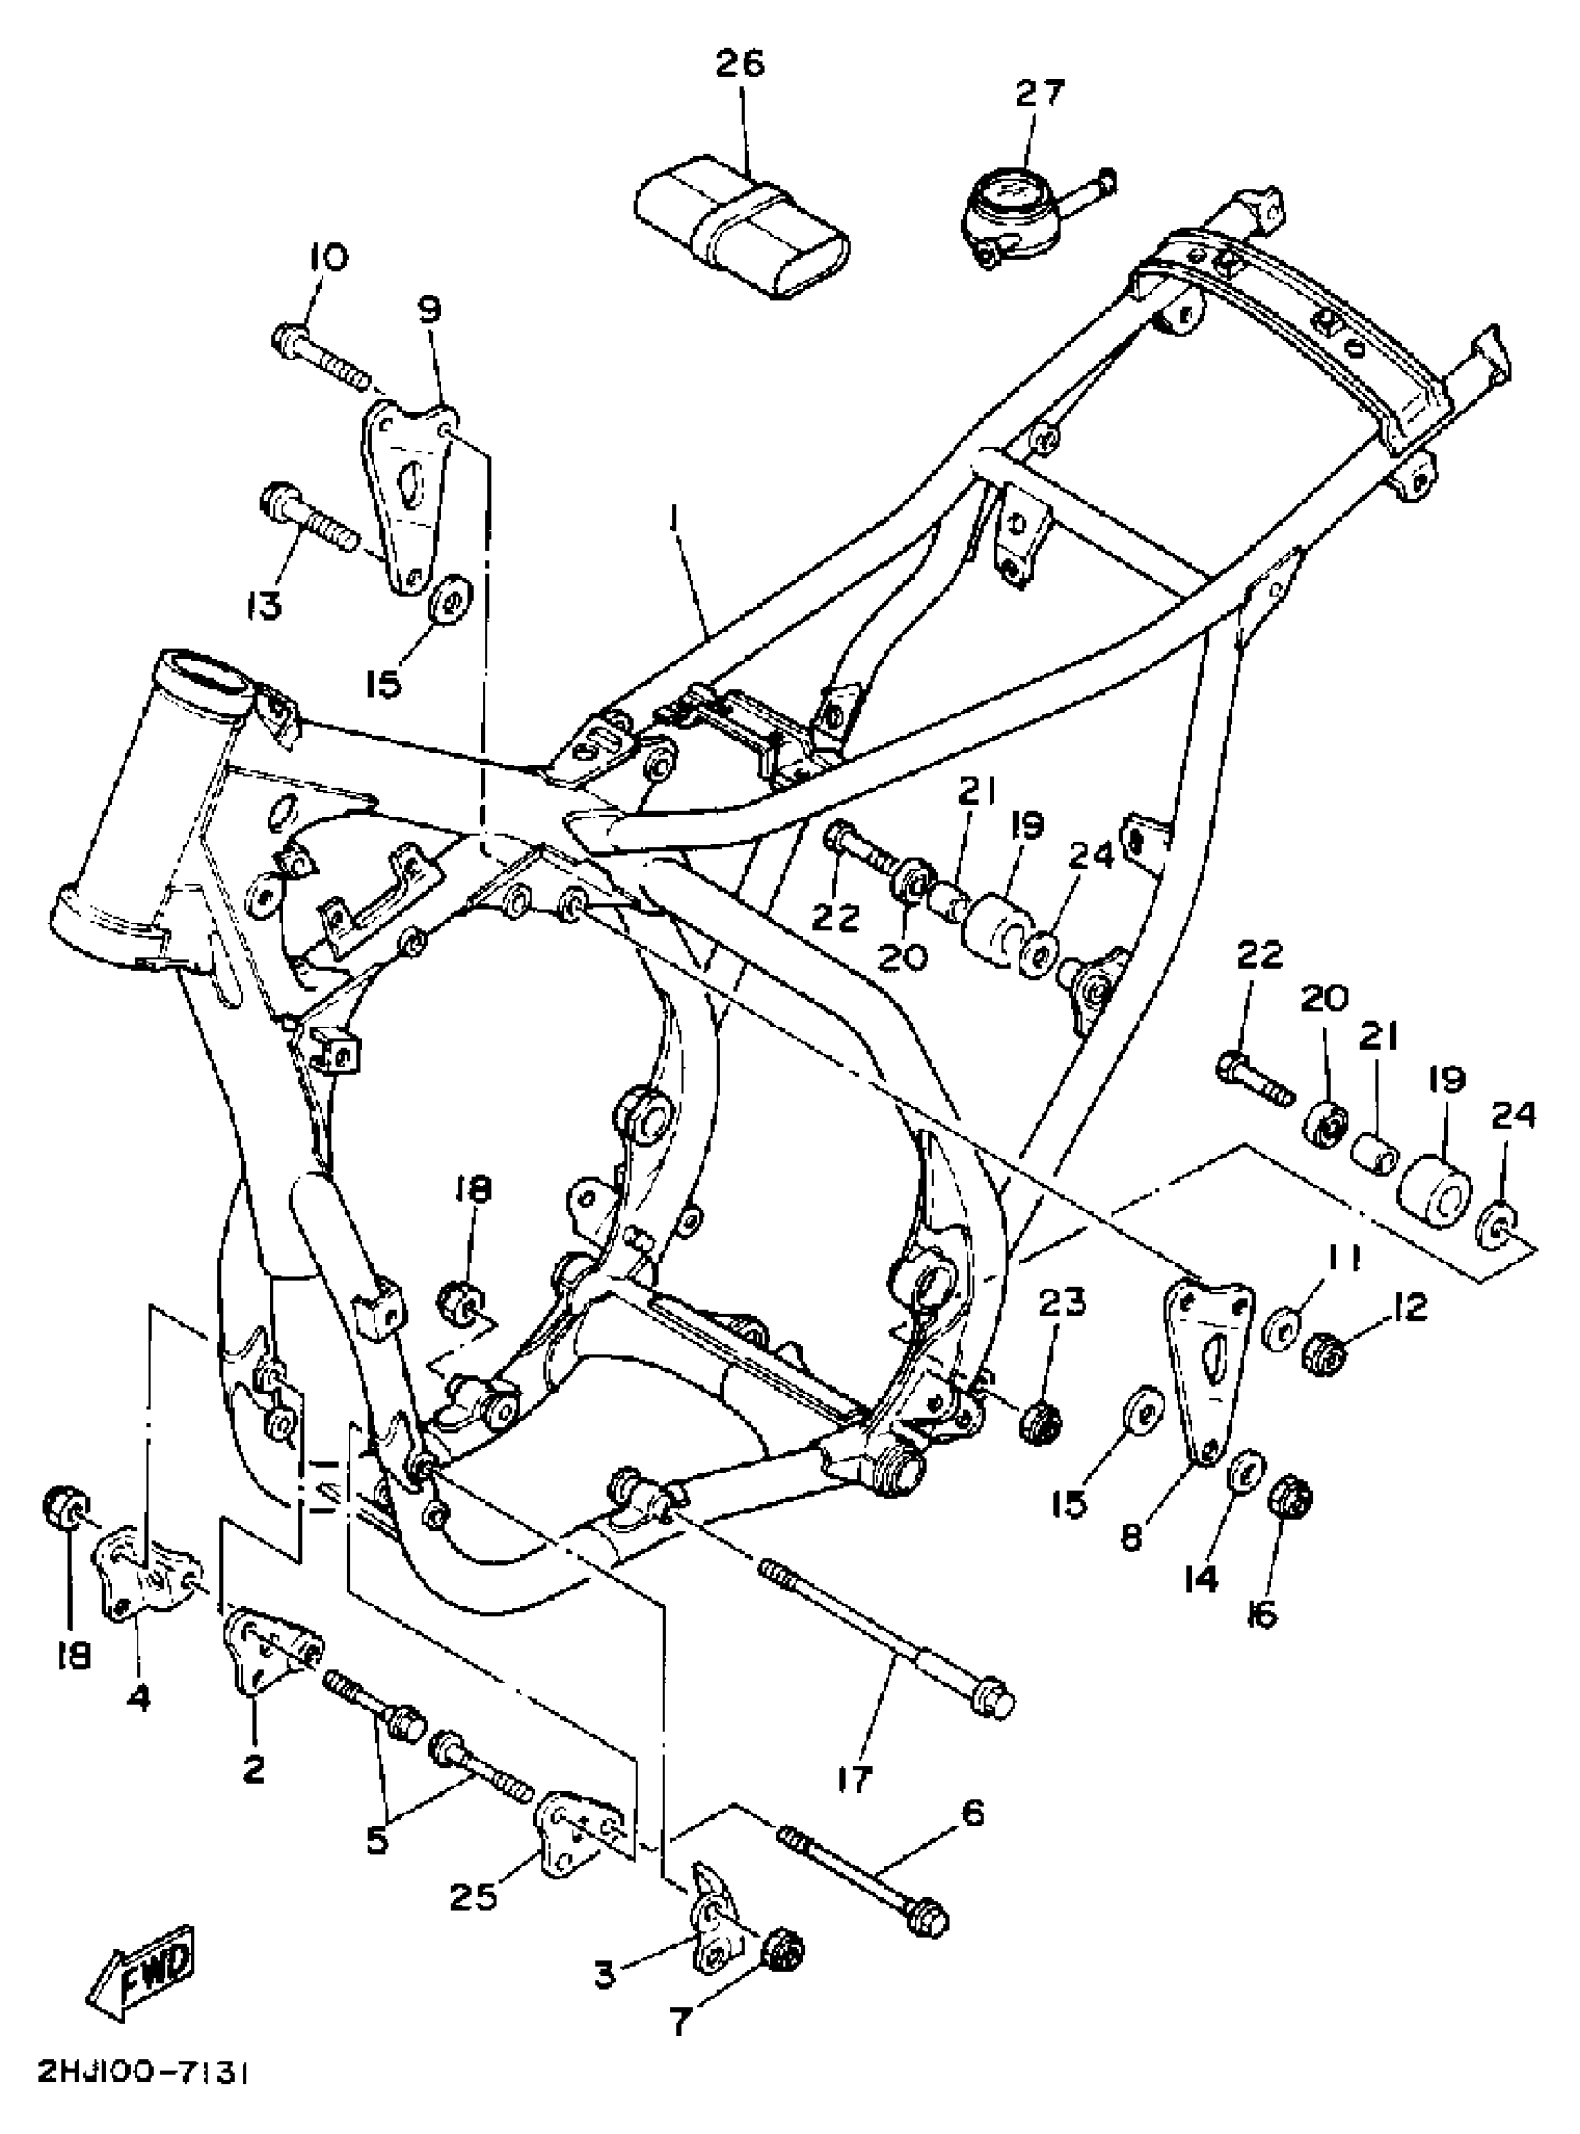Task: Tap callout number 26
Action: coord(742,65)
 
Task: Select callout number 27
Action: coord(1040,94)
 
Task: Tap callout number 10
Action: coord(328,257)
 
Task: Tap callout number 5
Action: coord(376,1841)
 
